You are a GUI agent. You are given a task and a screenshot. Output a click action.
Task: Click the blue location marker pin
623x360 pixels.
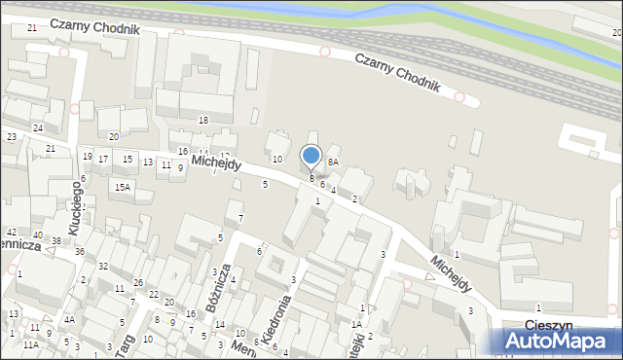tap(311, 157)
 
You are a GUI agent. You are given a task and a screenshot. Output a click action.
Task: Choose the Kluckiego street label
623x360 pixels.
tap(80, 203)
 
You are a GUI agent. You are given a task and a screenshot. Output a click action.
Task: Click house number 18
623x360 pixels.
tap(203, 120)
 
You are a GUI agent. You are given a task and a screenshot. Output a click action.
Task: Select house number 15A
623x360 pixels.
tap(122, 187)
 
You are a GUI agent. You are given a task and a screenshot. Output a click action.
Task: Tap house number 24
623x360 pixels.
tap(37, 127)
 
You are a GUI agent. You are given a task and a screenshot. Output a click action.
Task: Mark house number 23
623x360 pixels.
tap(12, 136)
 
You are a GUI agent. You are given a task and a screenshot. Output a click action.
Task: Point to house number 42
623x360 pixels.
tap(12, 233)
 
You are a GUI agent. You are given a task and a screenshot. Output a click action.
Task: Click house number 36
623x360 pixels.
tap(80, 252)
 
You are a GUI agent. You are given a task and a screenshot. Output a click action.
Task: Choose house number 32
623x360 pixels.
tap(102, 266)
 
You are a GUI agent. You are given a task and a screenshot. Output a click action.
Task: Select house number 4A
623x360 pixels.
tap(69, 319)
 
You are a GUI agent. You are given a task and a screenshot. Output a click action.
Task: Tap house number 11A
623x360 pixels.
tap(32, 344)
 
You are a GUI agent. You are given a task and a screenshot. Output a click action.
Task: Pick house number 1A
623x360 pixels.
tap(356, 324)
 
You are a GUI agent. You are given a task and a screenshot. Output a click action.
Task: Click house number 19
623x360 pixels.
tap(88, 157)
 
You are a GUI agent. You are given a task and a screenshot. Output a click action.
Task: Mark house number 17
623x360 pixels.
tap(103, 159)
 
